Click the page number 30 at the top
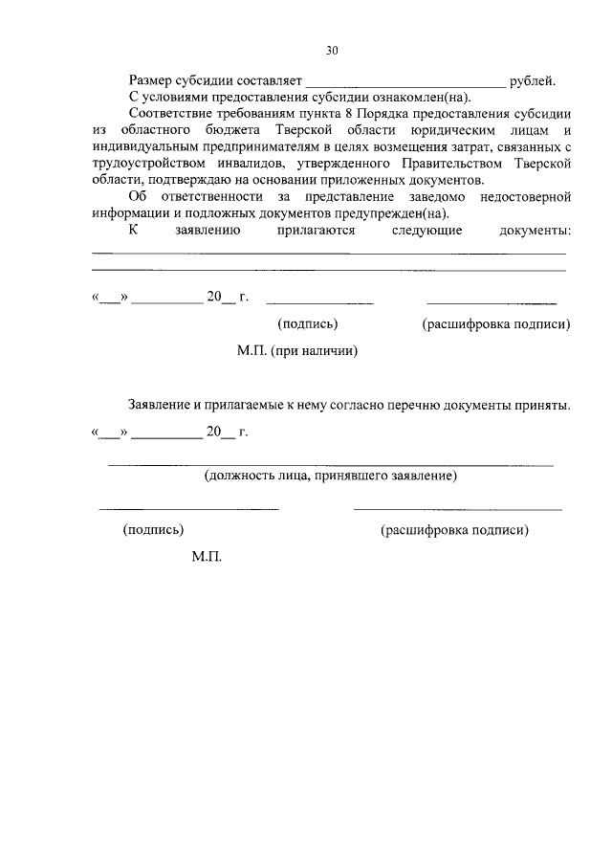[x=332, y=51]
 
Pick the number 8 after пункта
[x=360, y=115]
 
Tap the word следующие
[x=427, y=231]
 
